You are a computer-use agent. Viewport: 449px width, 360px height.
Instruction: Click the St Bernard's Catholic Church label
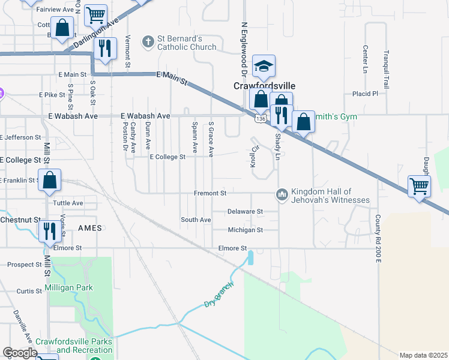(187, 43)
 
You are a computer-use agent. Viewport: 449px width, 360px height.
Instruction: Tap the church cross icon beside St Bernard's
(148, 42)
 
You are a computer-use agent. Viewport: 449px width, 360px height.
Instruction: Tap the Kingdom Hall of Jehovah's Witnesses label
(330, 196)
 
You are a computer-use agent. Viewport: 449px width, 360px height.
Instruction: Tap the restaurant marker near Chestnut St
(48, 231)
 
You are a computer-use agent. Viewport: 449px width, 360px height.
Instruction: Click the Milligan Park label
(68, 287)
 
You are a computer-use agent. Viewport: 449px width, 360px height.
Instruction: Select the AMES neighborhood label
(89, 228)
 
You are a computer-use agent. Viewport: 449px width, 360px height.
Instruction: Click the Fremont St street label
(210, 194)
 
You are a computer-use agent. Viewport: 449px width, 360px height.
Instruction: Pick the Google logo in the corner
(20, 353)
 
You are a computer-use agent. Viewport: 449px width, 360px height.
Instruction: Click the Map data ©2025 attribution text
(423, 355)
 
